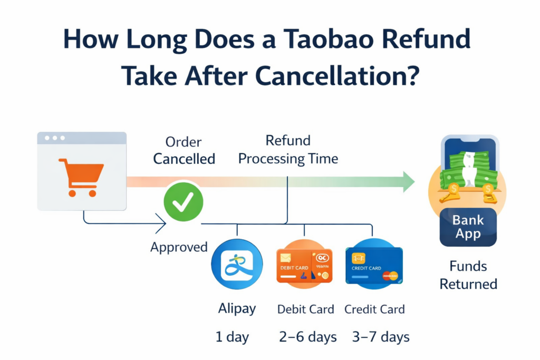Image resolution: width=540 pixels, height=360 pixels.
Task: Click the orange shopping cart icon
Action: pyautogui.click(x=81, y=178)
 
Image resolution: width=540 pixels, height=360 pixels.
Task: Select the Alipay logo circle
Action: pyautogui.click(x=237, y=264)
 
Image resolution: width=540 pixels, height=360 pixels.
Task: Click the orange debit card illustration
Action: pyautogui.click(x=304, y=265)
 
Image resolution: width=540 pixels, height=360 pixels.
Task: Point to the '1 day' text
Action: pyautogui.click(x=233, y=337)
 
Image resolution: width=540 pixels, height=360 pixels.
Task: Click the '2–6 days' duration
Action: pyautogui.click(x=307, y=337)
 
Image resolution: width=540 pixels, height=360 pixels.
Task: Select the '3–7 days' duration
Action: pyautogui.click(x=381, y=337)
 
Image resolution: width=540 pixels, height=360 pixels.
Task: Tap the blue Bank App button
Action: pyautogui.click(x=468, y=227)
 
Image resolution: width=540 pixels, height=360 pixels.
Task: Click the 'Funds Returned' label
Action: pyautogui.click(x=468, y=275)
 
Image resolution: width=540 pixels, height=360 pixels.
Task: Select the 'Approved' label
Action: pyautogui.click(x=179, y=247)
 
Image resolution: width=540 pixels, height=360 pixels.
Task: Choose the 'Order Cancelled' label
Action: pyautogui.click(x=184, y=150)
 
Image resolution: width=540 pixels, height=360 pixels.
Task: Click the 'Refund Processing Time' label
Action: pyautogui.click(x=288, y=150)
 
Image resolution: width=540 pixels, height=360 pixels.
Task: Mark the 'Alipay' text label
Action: pyautogui.click(x=237, y=309)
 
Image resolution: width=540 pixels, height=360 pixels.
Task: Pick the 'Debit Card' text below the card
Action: pyautogui.click(x=305, y=309)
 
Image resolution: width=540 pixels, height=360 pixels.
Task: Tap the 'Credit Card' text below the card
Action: pyautogui.click(x=374, y=309)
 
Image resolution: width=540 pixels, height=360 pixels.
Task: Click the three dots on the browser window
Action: pyautogui.click(x=55, y=138)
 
